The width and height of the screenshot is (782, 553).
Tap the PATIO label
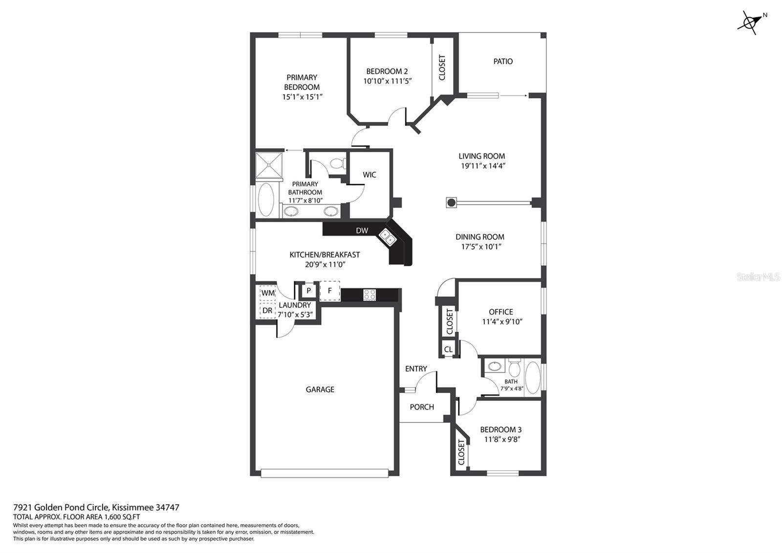pyautogui.click(x=503, y=62)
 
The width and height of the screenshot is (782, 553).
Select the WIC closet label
pyautogui.click(x=369, y=174)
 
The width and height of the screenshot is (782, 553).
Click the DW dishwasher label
pyautogui.click(x=362, y=230)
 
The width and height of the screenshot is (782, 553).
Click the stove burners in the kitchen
pyautogui.click(x=369, y=295)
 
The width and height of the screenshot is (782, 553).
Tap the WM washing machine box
pyautogui.click(x=268, y=293)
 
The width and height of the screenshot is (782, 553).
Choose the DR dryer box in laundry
pyautogui.click(x=267, y=310)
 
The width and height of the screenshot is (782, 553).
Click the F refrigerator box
pyautogui.click(x=329, y=291)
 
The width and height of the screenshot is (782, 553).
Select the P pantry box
pyautogui.click(x=308, y=291)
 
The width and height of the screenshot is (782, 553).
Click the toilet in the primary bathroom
pyautogui.click(x=338, y=163)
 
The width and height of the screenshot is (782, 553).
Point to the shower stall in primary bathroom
pyautogui.click(x=269, y=165)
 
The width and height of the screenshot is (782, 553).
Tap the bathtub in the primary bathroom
pyautogui.click(x=266, y=200)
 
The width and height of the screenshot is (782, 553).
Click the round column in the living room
pyautogui.click(x=452, y=203)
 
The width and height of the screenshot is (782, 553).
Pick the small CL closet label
pyautogui.click(x=448, y=349)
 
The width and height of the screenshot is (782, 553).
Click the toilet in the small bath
pyautogui.click(x=515, y=368)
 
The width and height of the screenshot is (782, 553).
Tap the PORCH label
pyautogui.click(x=422, y=407)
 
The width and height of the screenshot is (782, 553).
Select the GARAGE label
pyautogui.click(x=320, y=390)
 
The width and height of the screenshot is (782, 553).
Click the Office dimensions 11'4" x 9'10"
pyautogui.click(x=502, y=322)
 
